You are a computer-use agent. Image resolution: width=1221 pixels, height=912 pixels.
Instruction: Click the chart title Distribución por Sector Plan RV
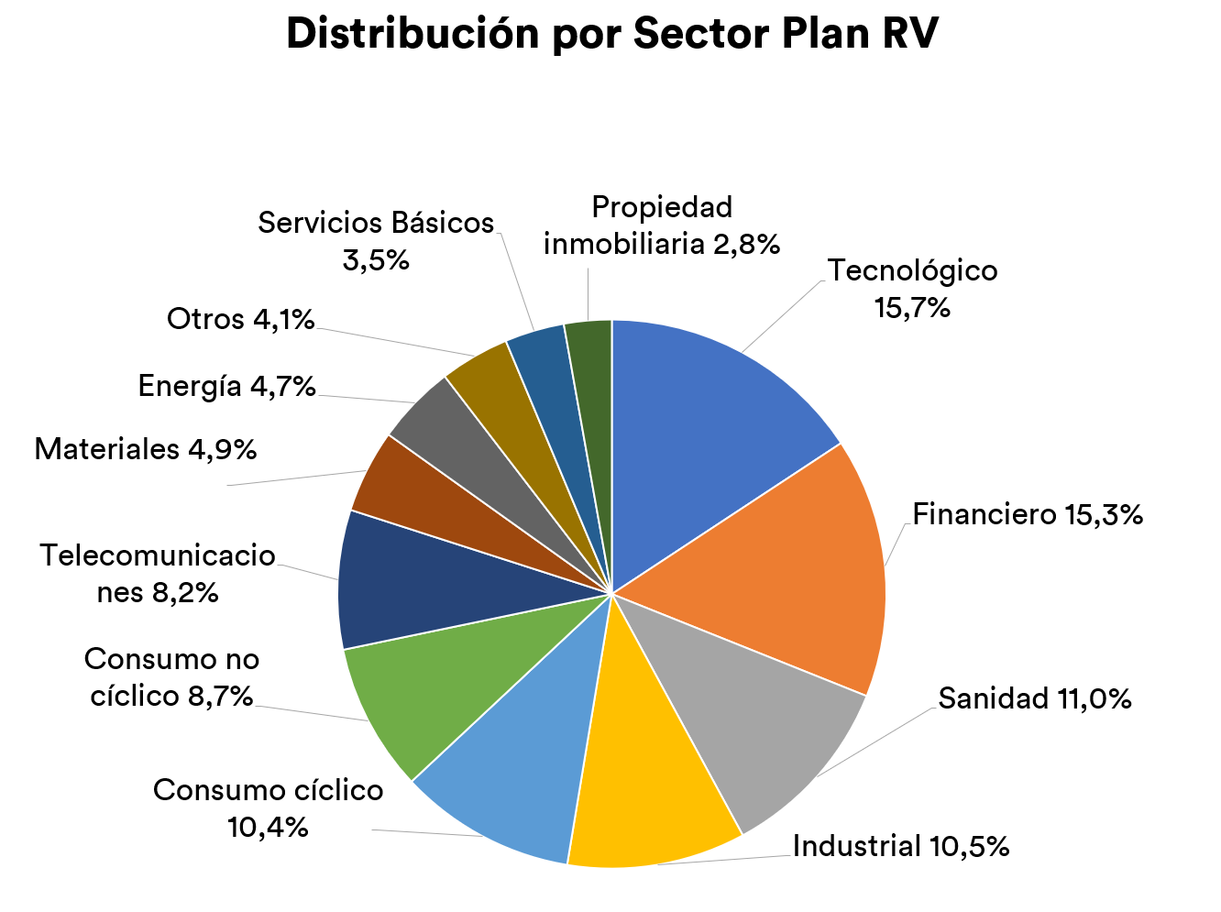click(611, 35)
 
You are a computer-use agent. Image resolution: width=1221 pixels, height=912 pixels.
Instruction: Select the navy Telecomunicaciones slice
click(412, 587)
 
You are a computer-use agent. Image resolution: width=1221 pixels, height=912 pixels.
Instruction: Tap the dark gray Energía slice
click(449, 440)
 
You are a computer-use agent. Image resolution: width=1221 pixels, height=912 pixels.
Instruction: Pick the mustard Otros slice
click(495, 403)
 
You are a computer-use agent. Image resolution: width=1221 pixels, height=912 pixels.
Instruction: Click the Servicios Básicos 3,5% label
click(376, 241)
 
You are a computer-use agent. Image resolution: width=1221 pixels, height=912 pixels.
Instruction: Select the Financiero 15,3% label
click(1028, 515)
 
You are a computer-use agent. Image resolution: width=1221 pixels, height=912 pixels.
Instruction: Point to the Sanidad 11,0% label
click(1035, 699)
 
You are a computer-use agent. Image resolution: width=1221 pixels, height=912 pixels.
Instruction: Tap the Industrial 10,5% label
click(901, 846)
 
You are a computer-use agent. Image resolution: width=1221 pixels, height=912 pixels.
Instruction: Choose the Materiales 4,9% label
click(146, 450)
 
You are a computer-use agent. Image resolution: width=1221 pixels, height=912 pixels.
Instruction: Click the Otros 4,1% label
click(241, 320)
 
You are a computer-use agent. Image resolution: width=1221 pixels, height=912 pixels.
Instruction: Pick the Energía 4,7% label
click(227, 387)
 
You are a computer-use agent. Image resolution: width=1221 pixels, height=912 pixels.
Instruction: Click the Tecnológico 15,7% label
click(912, 289)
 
